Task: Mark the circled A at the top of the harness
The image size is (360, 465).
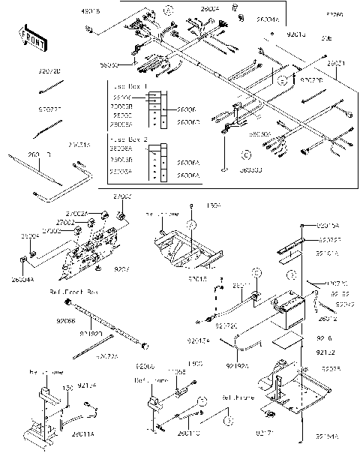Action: click(x=169, y=10)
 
